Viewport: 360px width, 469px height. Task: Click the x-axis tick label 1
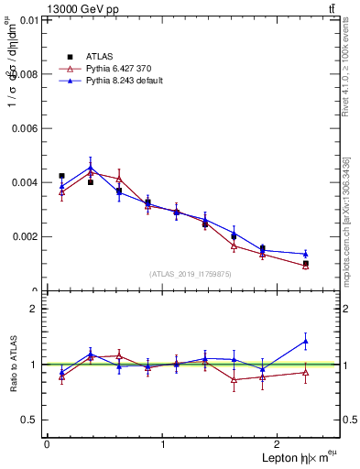pyautogui.click(x=163, y=445)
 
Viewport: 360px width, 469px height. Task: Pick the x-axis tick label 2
pyautogui.click(x=279, y=445)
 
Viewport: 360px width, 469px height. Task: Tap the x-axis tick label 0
pyautogui.click(x=47, y=445)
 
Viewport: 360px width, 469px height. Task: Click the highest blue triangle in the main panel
pyautogui.click(x=91, y=167)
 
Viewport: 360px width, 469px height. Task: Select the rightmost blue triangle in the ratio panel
pyautogui.click(x=305, y=341)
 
